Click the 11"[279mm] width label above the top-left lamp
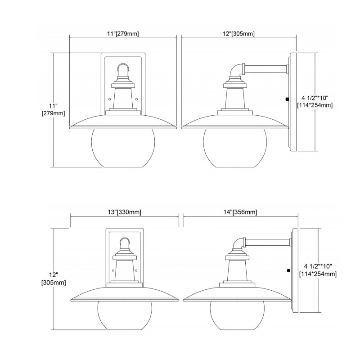(122, 34)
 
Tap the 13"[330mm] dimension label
(125, 212)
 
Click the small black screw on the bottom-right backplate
(288, 270)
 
